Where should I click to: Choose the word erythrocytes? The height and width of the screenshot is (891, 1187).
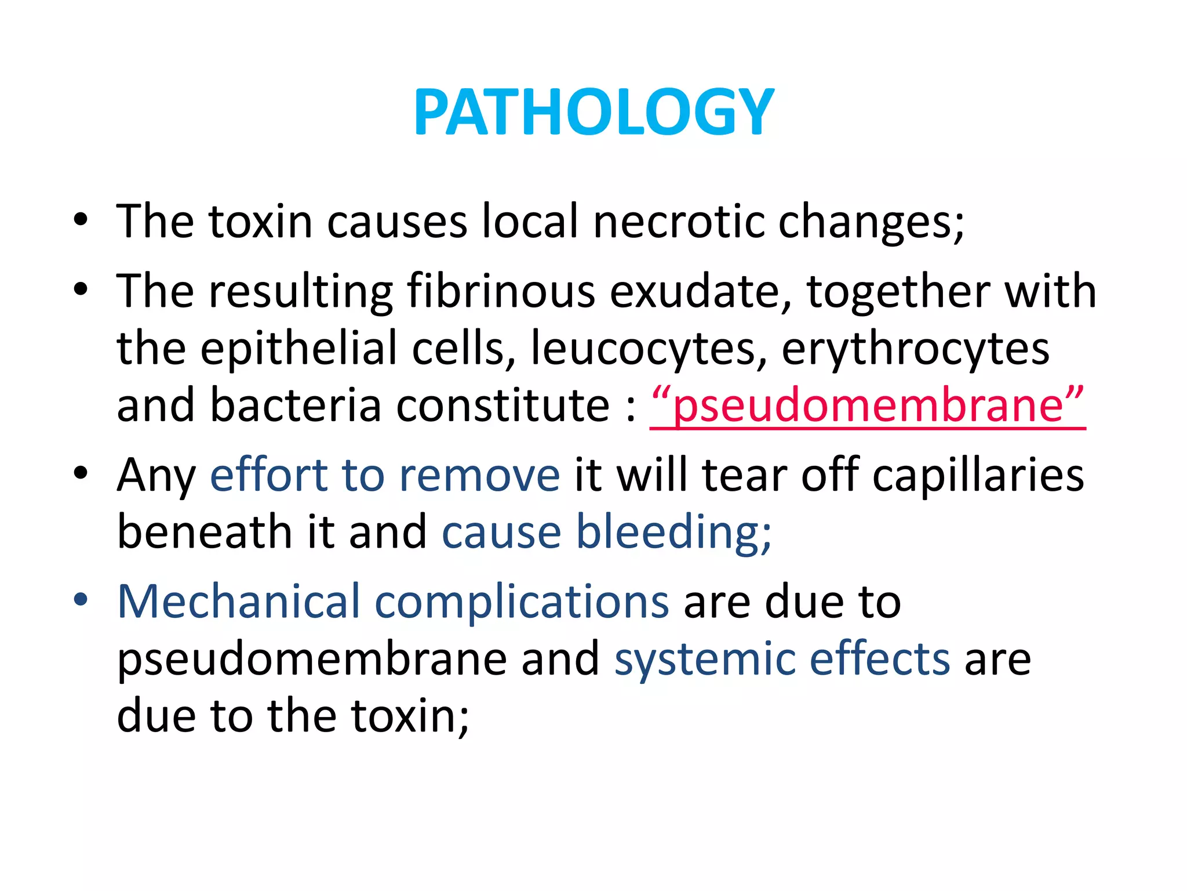tap(915, 348)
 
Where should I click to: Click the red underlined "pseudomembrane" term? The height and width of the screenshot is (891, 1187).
tap(867, 405)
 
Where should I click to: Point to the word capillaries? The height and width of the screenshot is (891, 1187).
tap(978, 475)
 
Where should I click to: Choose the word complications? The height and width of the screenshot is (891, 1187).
tap(522, 602)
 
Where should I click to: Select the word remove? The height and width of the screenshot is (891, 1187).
tap(479, 475)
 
